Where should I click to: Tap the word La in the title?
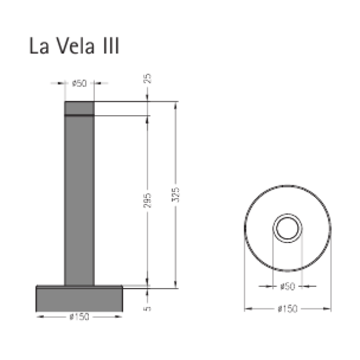click(x=39, y=47)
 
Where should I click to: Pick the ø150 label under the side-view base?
click(x=79, y=317)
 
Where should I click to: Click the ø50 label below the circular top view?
click(x=288, y=286)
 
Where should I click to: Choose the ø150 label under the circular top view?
click(x=288, y=309)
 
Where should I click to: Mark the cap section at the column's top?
click(x=79, y=107)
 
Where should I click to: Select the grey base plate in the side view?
click(x=79, y=298)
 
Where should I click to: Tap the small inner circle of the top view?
click(x=288, y=229)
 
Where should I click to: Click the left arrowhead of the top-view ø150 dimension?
click(x=247, y=309)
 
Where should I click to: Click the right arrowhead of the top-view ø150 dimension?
click(x=329, y=309)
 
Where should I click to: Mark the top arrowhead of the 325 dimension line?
click(x=176, y=104)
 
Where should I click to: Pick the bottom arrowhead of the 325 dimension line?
click(x=176, y=284)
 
